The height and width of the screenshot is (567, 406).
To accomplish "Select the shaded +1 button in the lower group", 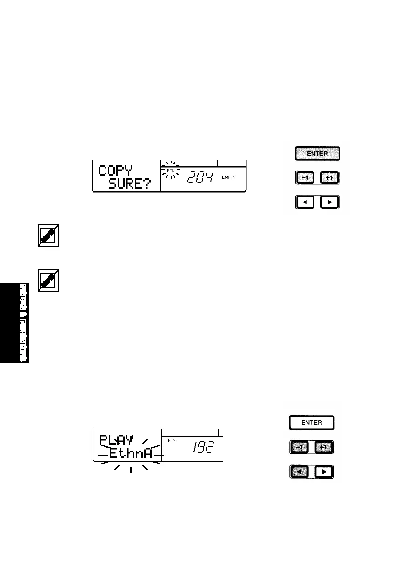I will (324, 448).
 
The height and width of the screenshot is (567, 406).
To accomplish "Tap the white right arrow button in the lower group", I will (324, 473).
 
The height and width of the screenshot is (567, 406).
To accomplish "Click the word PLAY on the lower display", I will (116, 438).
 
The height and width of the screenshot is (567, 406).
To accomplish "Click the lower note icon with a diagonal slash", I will (48, 280).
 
